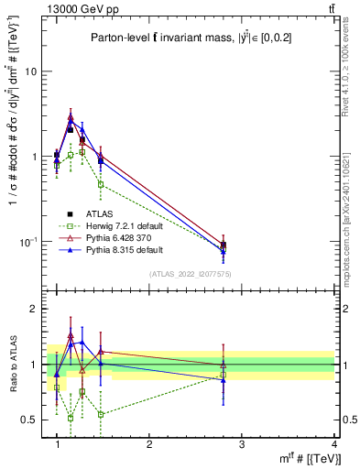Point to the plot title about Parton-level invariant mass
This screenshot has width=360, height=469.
pos(192,37)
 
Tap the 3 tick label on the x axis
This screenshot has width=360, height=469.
pos(242,444)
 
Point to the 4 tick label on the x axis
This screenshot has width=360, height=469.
pos(333,444)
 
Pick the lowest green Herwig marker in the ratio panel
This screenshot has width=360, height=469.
pos(71,418)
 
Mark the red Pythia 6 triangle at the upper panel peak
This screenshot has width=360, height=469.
pos(71,117)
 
